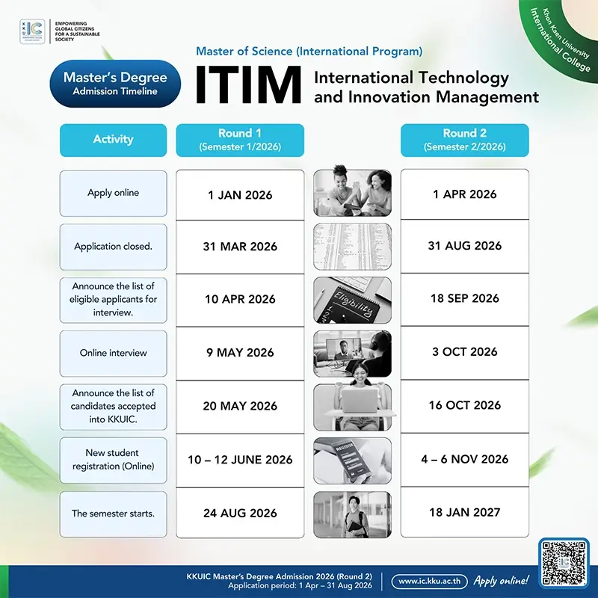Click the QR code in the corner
pos(564,563)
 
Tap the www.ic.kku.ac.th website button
pos(429,582)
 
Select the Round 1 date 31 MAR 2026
pos(240,247)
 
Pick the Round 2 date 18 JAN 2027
pos(464,512)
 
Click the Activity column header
pos(114,140)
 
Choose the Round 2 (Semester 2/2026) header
pos(464,140)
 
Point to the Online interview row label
pos(114,353)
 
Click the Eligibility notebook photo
pos(352,300)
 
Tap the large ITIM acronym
pos(248,84)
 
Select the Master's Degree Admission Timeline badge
pos(115,84)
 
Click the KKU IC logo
pos(32,31)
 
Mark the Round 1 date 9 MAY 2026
pos(240,352)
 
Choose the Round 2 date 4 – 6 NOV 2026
pos(464,459)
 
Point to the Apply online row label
pos(114,194)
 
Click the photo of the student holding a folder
pos(352,514)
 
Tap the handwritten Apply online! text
pos(501,581)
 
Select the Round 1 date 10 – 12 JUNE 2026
pos(240,460)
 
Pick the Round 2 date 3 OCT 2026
pos(464,351)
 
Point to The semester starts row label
pos(114,514)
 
